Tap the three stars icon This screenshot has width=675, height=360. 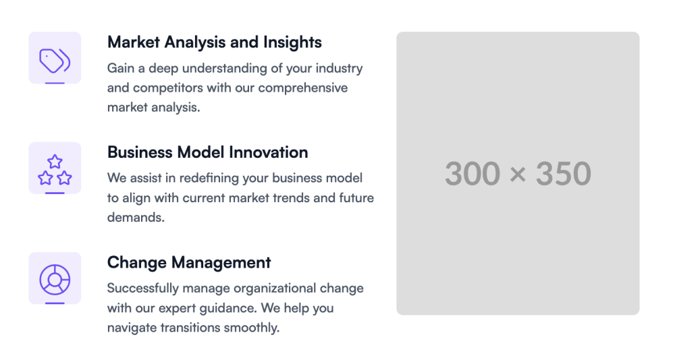(x=55, y=170)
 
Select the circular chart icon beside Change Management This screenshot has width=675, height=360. (x=55, y=280)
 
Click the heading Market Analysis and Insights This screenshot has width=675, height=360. (x=215, y=42)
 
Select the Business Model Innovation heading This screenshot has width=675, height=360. (x=207, y=152)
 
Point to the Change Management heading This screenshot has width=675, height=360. (x=189, y=262)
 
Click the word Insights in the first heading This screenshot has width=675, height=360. (x=292, y=42)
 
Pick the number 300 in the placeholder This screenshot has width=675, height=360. (x=473, y=174)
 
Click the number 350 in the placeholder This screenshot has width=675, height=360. (x=564, y=174)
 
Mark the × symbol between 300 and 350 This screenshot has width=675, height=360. (x=518, y=175)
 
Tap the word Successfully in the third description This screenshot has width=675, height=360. (x=143, y=289)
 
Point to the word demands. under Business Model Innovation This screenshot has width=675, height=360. (x=136, y=217)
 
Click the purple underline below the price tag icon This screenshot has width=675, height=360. (x=55, y=83)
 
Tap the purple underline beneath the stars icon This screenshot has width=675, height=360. (x=55, y=193)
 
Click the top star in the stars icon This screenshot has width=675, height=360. (x=55, y=162)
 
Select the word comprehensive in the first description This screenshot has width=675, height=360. (x=303, y=88)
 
